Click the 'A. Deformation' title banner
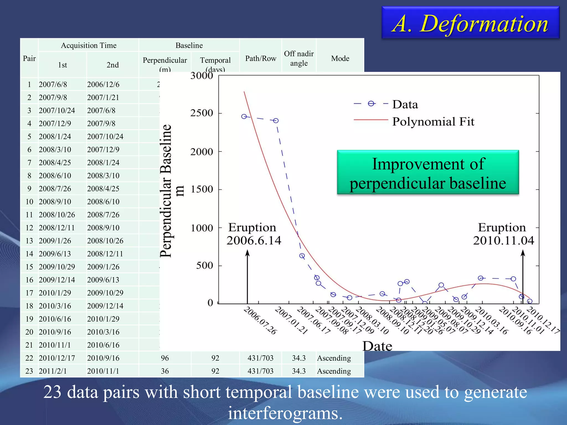pyautogui.click(x=470, y=23)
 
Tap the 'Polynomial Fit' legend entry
pyautogui.click(x=433, y=121)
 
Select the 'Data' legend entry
pyautogui.click(x=405, y=105)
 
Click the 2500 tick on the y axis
pyautogui.click(x=202, y=113)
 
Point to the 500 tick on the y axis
pyautogui.click(x=204, y=266)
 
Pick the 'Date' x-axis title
pyautogui.click(x=377, y=346)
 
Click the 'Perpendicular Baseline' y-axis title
pyautogui.click(x=166, y=191)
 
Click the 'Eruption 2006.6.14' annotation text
pyautogui.click(x=253, y=234)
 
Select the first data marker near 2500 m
pyautogui.click(x=244, y=116)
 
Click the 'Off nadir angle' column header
pyautogui.click(x=299, y=58)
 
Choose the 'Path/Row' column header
pyautogui.click(x=261, y=58)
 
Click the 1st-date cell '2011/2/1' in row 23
pyautogui.click(x=53, y=371)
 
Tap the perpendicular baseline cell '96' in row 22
pyautogui.click(x=165, y=358)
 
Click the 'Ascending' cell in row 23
pyautogui.click(x=334, y=371)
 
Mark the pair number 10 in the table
pyautogui.click(x=29, y=202)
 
